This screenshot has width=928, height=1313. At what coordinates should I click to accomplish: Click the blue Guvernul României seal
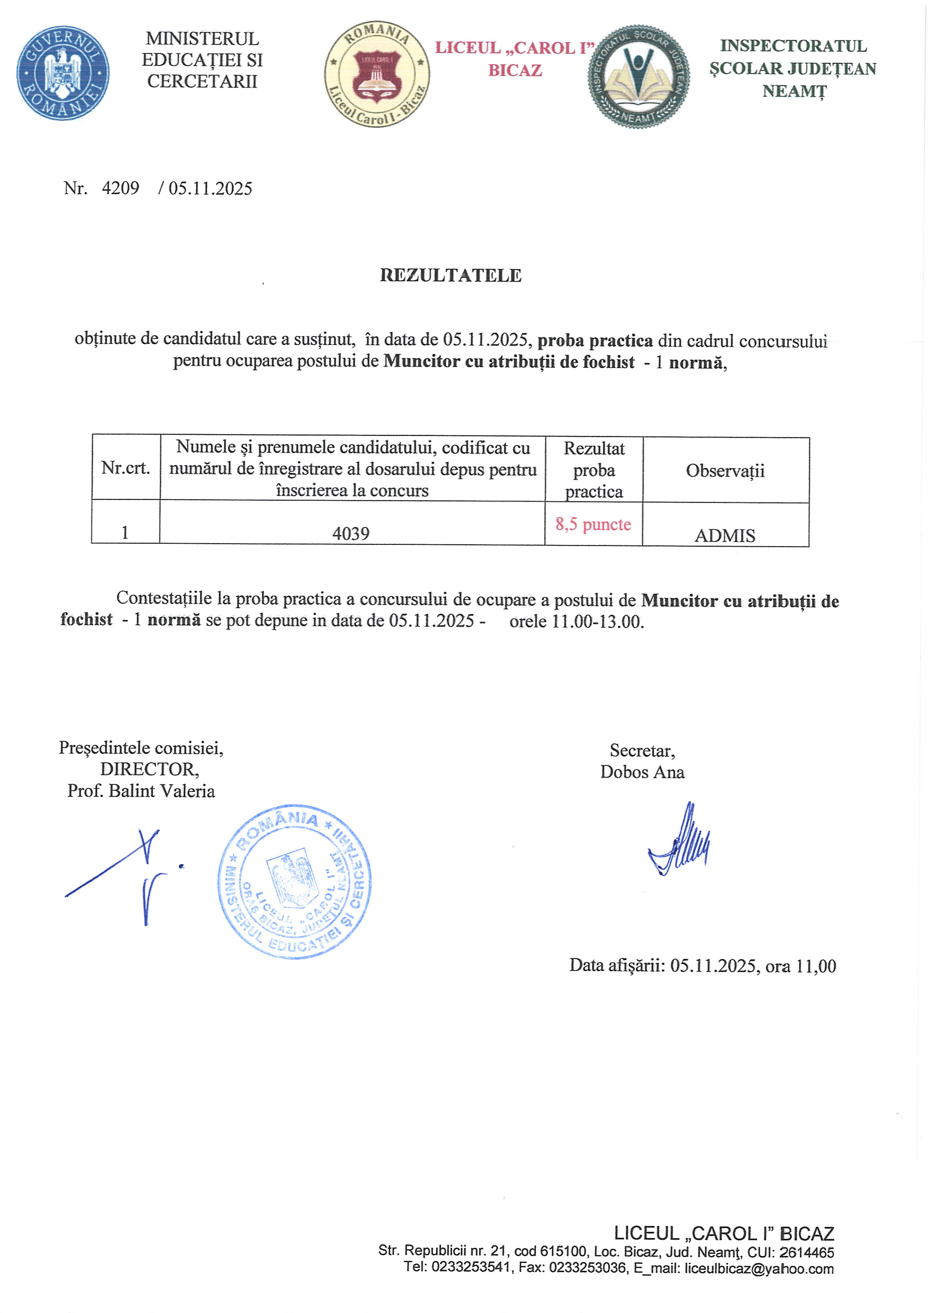[x=63, y=73]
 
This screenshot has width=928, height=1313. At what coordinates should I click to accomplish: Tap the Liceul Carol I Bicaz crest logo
[x=377, y=75]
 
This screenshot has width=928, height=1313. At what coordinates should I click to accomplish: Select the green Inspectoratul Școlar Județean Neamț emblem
[x=638, y=76]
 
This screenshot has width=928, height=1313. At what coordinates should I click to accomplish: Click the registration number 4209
[x=120, y=188]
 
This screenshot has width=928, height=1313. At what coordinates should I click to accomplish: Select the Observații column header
[x=725, y=471]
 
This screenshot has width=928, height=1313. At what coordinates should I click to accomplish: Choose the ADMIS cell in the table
[x=724, y=536]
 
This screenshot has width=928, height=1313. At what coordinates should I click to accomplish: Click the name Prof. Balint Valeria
[x=141, y=791]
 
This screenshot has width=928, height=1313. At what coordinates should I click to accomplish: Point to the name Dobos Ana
[x=642, y=772]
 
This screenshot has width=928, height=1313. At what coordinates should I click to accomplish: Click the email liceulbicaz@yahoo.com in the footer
[x=759, y=1268]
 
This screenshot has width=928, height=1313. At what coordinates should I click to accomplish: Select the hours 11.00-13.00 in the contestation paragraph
[x=598, y=621]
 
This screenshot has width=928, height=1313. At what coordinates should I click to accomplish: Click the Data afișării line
[x=702, y=966]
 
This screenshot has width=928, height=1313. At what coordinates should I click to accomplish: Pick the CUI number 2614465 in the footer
[x=806, y=1252]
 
